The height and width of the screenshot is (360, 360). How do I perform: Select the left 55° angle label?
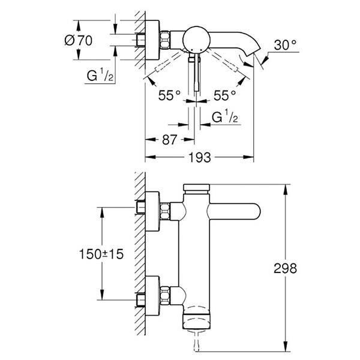pos(169,95)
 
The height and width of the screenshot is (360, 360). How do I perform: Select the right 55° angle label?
pos(224,95)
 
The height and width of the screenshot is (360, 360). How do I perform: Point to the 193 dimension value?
pos(200,158)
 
